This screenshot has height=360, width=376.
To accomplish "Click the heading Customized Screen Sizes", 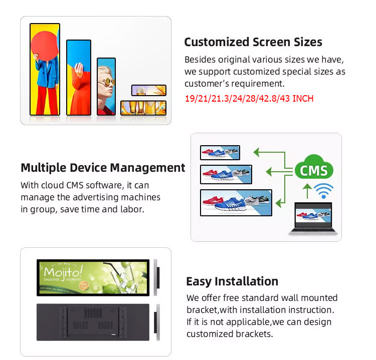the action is (x=253, y=42).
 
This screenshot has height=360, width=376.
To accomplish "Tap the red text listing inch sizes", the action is (x=249, y=99).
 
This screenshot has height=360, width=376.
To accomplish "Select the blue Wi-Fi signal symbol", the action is (x=323, y=191).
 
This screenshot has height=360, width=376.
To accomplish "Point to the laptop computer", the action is (x=313, y=219).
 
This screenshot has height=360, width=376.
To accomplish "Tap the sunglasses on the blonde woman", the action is (x=107, y=82).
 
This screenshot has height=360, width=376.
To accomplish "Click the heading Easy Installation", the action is (x=232, y=281).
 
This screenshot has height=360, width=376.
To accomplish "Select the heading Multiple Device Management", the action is (x=103, y=168).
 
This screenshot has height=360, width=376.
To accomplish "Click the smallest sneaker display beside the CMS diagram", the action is (x=220, y=153).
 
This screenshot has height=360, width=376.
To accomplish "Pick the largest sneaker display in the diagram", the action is (x=236, y=203).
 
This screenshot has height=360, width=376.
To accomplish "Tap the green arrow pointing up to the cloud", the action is (x=307, y=191).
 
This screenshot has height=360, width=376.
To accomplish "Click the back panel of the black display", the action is (x=93, y=322).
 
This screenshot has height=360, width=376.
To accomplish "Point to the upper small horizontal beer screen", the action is (x=149, y=90).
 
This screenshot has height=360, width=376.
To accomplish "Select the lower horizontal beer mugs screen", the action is (x=143, y=108).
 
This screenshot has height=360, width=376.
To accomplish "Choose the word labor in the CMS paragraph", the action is (x=132, y=209).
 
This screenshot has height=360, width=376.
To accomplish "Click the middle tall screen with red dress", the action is (x=79, y=78).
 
